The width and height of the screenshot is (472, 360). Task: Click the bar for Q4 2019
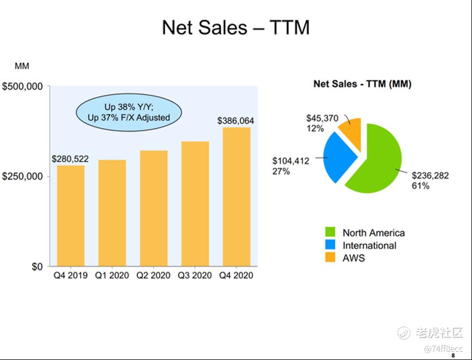click(x=71, y=215)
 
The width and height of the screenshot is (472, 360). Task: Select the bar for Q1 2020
click(x=112, y=213)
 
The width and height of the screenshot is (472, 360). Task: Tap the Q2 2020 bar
click(x=154, y=208)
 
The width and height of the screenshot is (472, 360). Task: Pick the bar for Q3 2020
click(x=195, y=203)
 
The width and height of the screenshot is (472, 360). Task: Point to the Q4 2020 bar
click(x=237, y=196)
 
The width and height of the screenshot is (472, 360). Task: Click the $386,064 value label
click(x=235, y=121)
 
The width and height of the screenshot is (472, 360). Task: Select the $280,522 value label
click(x=70, y=159)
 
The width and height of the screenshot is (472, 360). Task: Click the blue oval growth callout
click(x=129, y=112)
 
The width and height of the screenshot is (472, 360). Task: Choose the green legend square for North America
click(x=330, y=233)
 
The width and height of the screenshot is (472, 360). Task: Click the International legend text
click(x=369, y=245)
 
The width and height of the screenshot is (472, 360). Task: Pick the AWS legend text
click(x=354, y=258)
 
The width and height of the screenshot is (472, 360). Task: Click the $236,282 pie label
click(x=431, y=176)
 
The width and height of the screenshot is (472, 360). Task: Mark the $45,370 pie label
click(x=323, y=118)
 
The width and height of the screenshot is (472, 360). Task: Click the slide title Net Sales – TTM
click(x=235, y=27)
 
